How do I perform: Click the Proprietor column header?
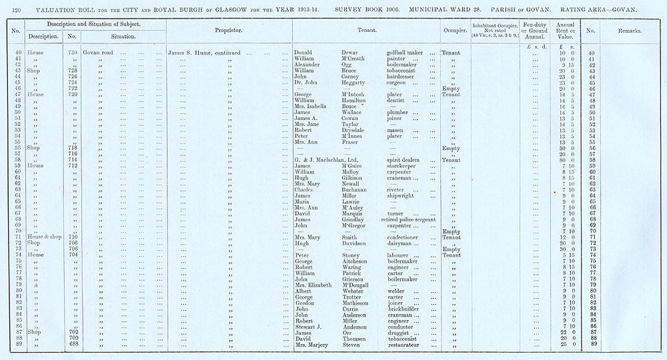[228, 31]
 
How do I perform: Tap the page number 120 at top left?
[17, 9]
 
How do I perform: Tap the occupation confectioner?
[407, 237]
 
